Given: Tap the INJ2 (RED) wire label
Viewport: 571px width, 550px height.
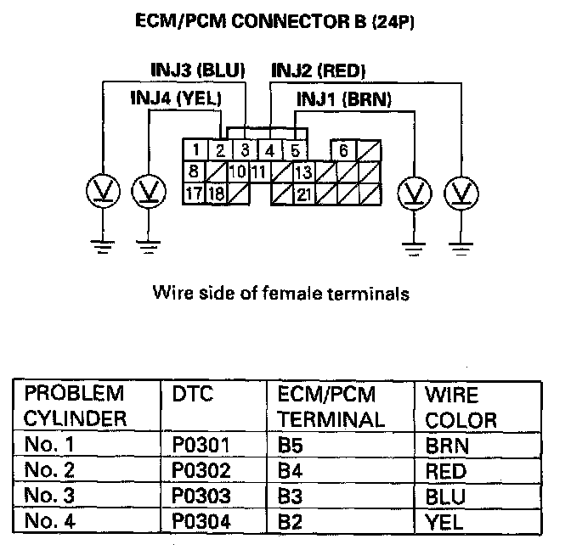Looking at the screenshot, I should coord(319,70).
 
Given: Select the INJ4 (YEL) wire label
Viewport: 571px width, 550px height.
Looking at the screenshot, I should coord(175,98).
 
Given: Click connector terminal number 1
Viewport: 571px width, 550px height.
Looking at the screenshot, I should coord(195,151).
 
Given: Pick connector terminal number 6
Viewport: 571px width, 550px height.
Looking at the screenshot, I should coord(343,151).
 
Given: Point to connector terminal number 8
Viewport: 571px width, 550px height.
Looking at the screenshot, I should coord(194,172).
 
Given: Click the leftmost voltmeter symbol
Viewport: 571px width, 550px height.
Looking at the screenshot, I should coord(102,192).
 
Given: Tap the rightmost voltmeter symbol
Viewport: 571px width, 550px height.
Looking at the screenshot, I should coord(461,192).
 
